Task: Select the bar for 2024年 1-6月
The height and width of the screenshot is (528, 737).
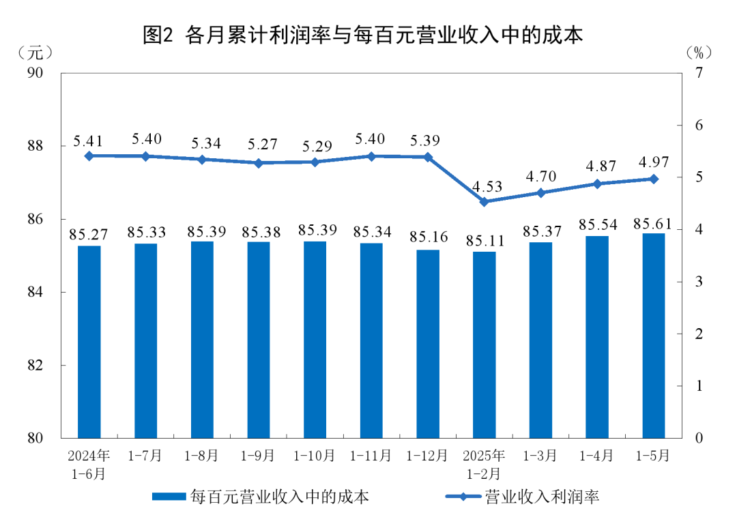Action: (89, 341)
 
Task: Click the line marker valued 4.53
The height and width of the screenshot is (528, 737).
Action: (484, 201)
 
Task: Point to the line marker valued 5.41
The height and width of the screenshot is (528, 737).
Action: (89, 156)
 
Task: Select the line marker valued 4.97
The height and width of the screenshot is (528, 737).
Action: (653, 179)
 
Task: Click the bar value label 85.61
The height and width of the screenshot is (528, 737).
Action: (653, 223)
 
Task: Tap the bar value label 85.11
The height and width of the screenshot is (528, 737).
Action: (484, 241)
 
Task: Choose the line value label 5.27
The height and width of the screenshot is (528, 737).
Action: (258, 145)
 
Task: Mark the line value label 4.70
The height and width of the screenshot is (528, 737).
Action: (540, 175)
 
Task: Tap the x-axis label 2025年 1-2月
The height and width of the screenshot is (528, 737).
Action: (484, 464)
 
